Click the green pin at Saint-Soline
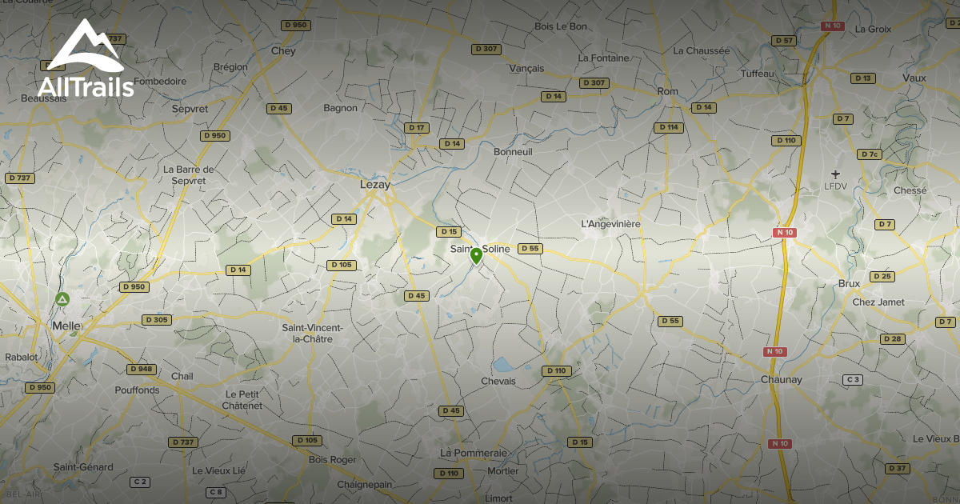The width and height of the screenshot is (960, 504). [x=476, y=256]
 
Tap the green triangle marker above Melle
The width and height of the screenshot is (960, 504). [x=62, y=300]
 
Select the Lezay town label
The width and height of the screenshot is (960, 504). [x=375, y=184]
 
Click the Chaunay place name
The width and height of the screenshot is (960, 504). [x=781, y=379]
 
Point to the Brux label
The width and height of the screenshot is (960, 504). [x=848, y=283]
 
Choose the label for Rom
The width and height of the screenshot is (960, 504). [x=667, y=91]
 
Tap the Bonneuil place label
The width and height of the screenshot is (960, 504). [x=513, y=151]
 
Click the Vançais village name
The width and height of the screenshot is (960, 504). [x=526, y=69]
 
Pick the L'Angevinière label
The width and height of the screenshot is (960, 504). [x=610, y=224]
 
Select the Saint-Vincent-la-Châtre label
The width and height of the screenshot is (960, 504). [x=312, y=333]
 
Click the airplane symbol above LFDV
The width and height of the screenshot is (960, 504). [x=836, y=174]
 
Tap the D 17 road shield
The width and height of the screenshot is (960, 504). [x=416, y=127]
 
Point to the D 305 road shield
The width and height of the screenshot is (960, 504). [x=157, y=320]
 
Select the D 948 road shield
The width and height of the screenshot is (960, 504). [x=141, y=369]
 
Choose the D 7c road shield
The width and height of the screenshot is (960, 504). [x=870, y=154]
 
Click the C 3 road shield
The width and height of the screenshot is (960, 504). [x=853, y=379]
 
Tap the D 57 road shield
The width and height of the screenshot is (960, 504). [x=784, y=41]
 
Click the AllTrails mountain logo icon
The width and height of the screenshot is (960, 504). [x=85, y=46]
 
